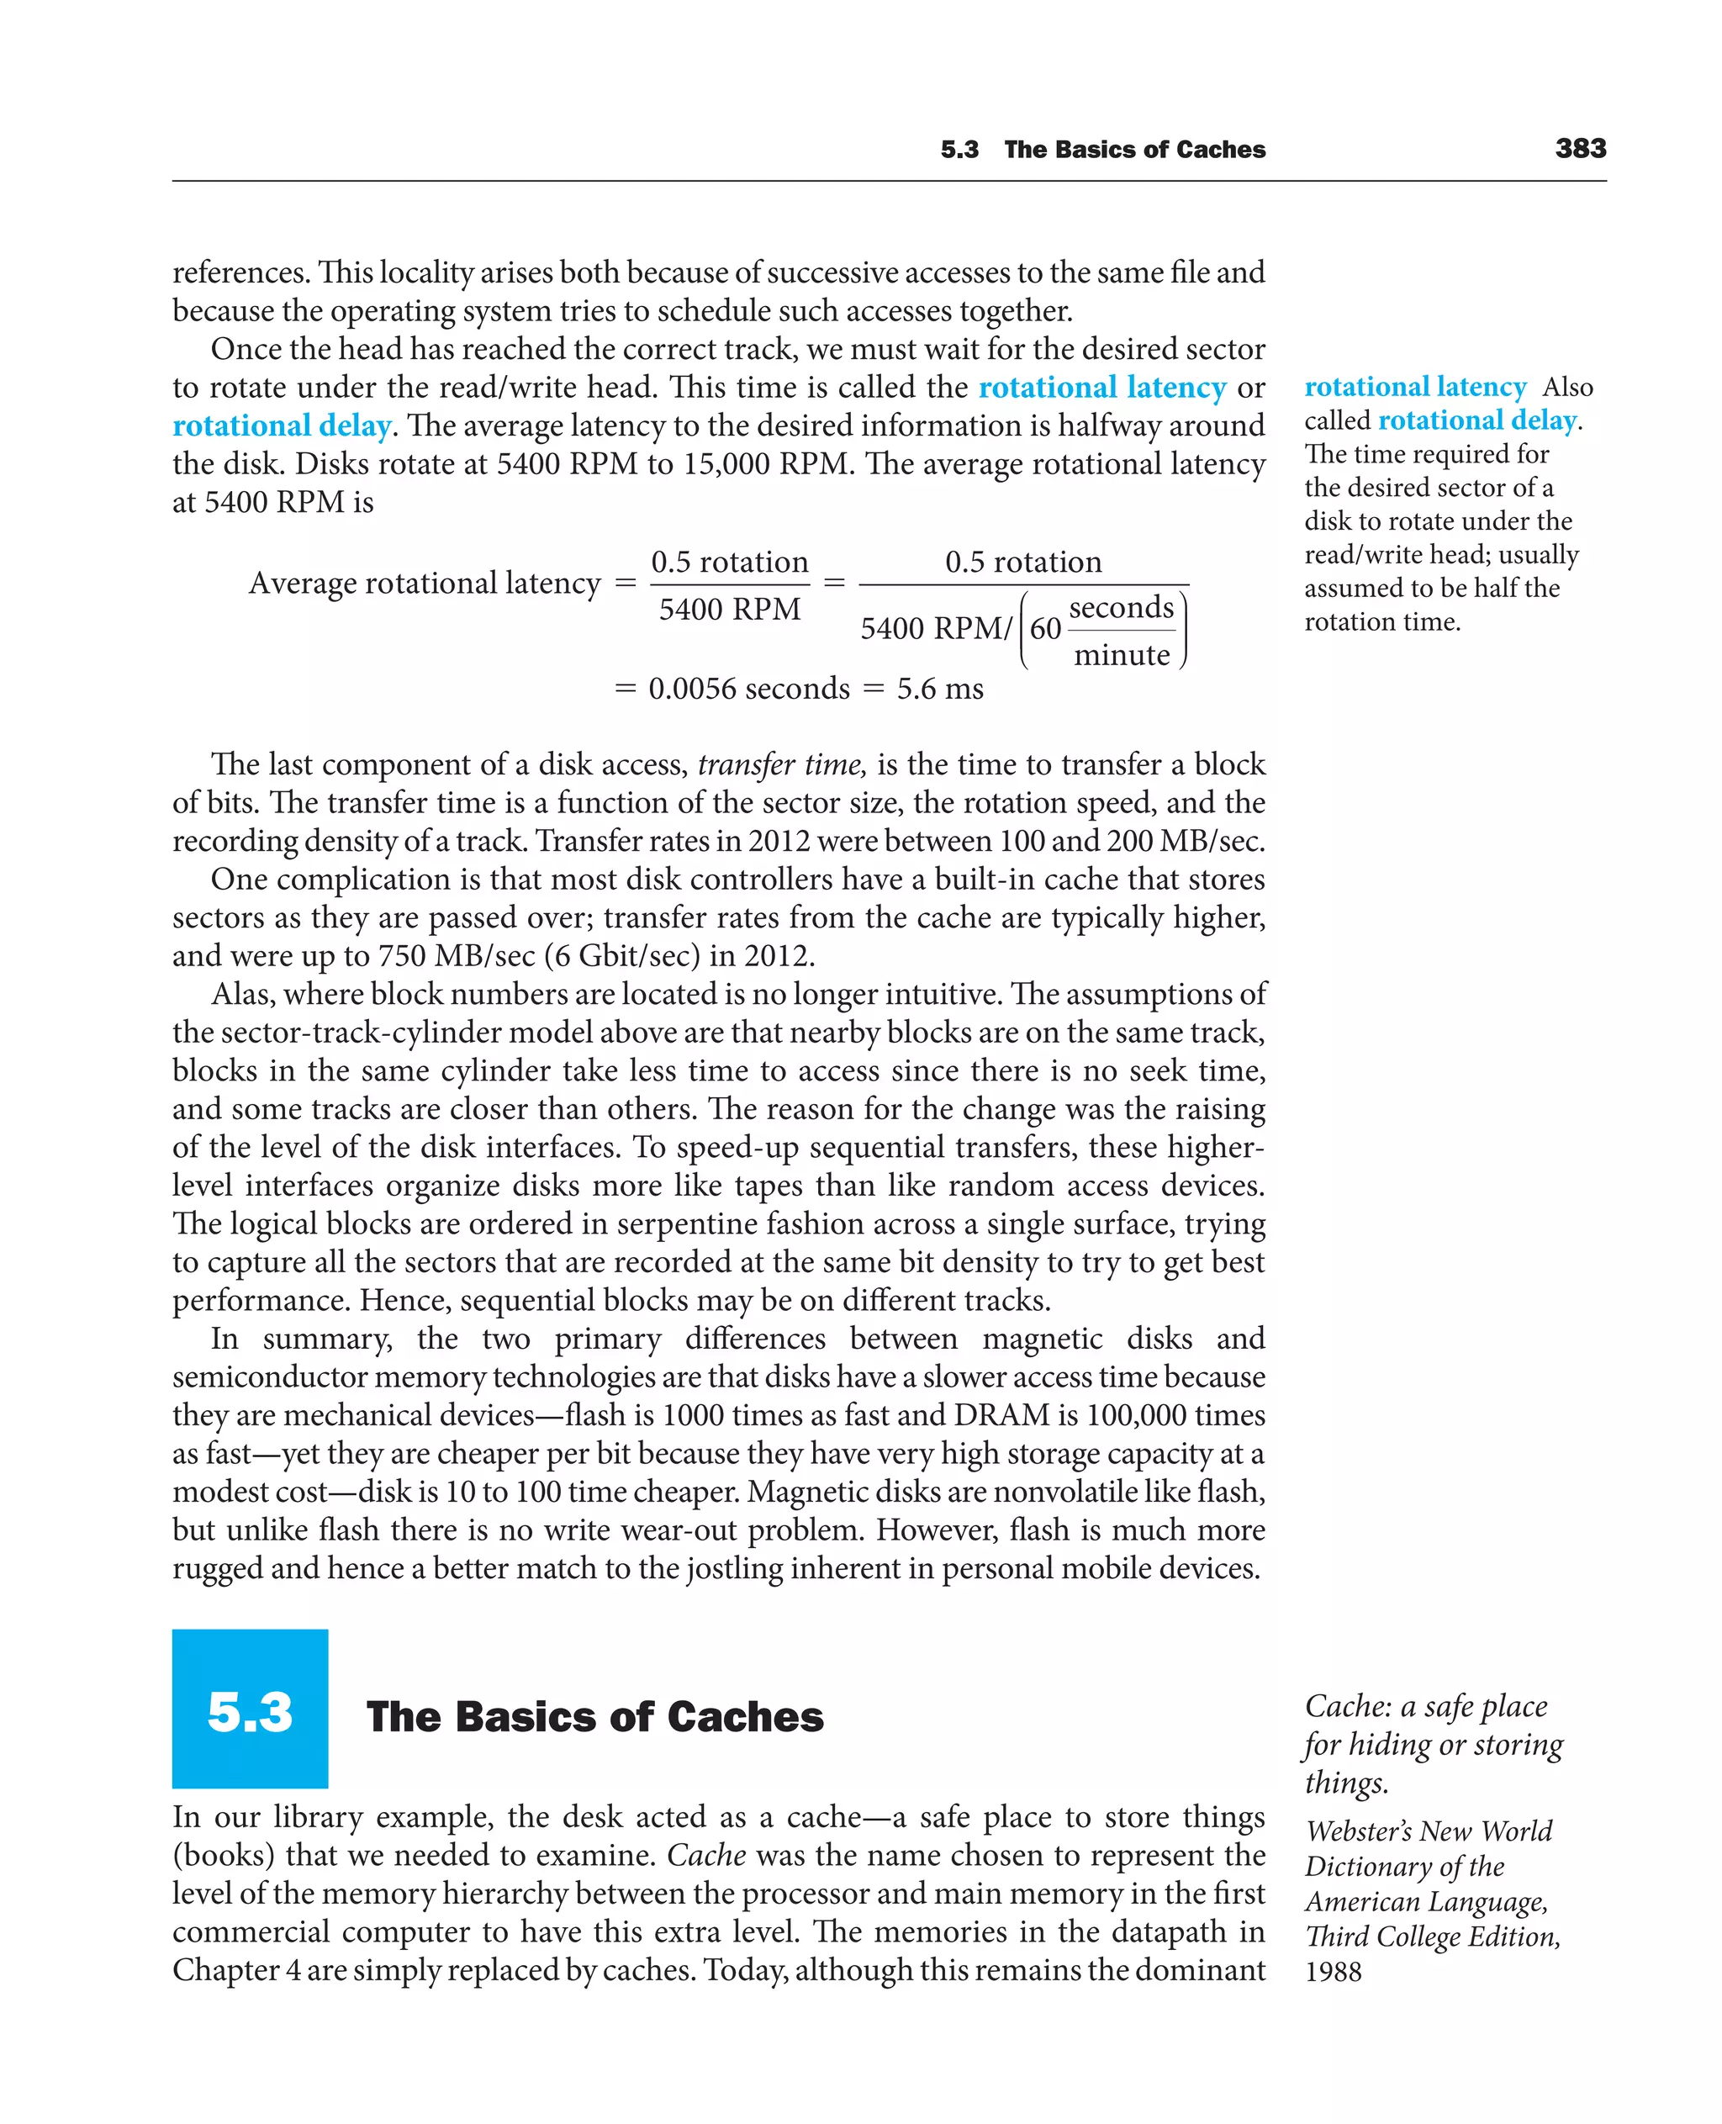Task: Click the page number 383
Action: point(1580,149)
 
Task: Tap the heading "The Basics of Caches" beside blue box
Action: point(594,1717)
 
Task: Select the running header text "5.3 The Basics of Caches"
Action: point(1102,150)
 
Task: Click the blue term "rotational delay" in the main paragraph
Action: point(282,425)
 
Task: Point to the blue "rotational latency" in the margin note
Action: point(1414,387)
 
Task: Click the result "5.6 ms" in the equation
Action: point(939,689)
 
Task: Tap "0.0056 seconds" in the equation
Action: point(749,689)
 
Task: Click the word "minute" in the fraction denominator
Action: point(1121,655)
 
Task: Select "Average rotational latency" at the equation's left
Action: point(425,583)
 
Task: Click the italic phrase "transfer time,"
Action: point(782,765)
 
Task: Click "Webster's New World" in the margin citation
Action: point(1428,1831)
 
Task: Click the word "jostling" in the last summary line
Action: point(729,1568)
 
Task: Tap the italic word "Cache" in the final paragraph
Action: point(705,1855)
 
